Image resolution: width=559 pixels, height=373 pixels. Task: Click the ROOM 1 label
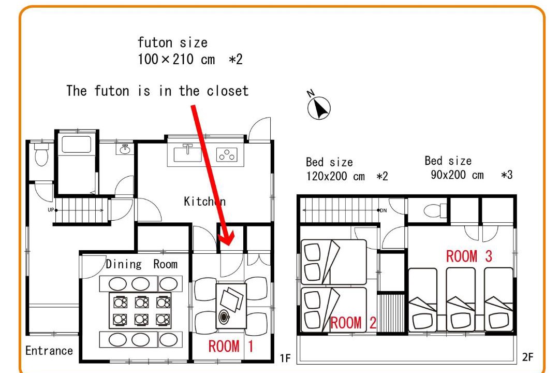pyautogui.click(x=231, y=346)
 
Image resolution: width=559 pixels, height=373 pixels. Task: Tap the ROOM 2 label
pyautogui.click(x=353, y=323)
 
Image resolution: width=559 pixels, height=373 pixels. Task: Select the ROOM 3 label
pyautogui.click(x=469, y=256)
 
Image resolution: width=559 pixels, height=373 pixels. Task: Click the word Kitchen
pyautogui.click(x=204, y=202)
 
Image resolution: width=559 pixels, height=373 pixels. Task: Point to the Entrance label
pyautogui.click(x=49, y=351)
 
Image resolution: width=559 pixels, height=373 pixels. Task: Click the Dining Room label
pyautogui.click(x=141, y=264)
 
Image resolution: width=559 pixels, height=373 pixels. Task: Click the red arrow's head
pyautogui.click(x=227, y=237)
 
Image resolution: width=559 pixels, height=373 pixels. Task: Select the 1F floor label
pyautogui.click(x=285, y=358)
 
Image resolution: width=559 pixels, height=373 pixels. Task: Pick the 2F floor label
pyautogui.click(x=527, y=357)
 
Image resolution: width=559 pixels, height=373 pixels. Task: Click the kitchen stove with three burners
pyautogui.click(x=227, y=155)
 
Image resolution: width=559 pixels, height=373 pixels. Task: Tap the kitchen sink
pyautogui.click(x=188, y=153)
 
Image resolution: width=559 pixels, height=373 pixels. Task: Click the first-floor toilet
pyautogui.click(x=41, y=154)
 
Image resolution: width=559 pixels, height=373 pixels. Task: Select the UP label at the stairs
pyautogui.click(x=51, y=210)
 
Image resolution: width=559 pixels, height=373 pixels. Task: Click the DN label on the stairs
pyautogui.click(x=383, y=211)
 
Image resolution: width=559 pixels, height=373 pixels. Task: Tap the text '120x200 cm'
pyautogui.click(x=335, y=176)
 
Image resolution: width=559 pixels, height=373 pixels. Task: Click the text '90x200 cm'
pyautogui.click(x=458, y=175)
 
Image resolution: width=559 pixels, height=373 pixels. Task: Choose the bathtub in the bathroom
pyautogui.click(x=76, y=145)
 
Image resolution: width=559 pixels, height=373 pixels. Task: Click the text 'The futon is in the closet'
pyautogui.click(x=157, y=91)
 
